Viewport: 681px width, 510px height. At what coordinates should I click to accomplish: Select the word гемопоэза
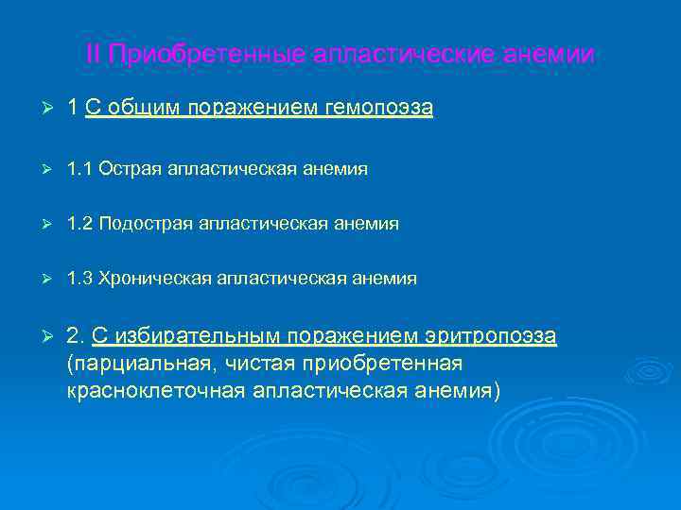[378, 109]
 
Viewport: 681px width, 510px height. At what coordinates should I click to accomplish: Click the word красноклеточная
[156, 390]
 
